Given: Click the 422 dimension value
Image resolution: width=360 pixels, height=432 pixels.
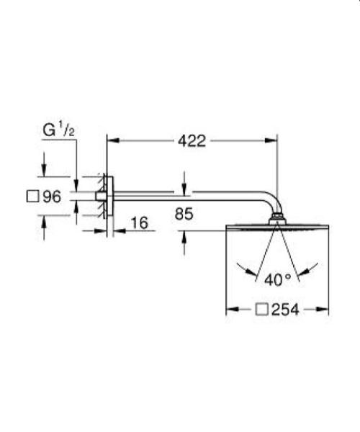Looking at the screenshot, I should click(x=192, y=141).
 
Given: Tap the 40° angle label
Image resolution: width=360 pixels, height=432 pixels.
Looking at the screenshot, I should click(x=277, y=278).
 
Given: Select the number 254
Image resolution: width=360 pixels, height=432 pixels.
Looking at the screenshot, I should click(x=285, y=310).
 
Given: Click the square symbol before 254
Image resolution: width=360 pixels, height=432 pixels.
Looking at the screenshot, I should click(x=264, y=310).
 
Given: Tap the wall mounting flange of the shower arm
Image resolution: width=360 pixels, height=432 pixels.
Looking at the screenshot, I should click(x=105, y=196).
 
